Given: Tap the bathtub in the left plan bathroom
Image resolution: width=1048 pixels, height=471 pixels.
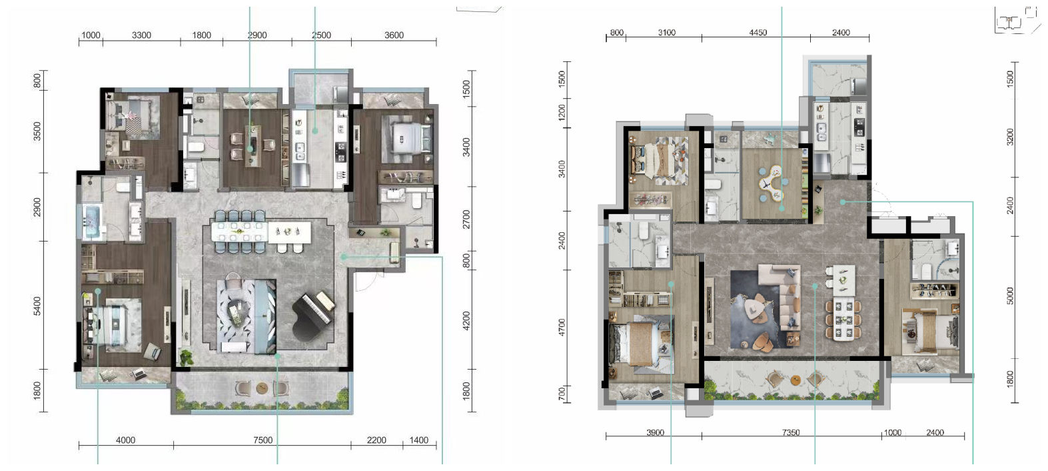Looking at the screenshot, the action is click(x=94, y=221).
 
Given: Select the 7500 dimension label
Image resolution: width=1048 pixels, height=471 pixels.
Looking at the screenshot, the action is click(x=263, y=440).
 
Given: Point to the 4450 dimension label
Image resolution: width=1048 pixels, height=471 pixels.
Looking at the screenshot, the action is click(x=758, y=32).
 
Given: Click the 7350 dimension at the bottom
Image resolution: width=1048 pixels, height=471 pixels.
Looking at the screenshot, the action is click(x=791, y=432).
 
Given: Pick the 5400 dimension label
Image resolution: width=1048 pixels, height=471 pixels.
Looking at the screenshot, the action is click(x=37, y=306).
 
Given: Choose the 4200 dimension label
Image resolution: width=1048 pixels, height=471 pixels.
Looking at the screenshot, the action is click(x=466, y=321).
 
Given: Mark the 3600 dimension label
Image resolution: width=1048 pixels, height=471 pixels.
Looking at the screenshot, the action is click(x=394, y=35).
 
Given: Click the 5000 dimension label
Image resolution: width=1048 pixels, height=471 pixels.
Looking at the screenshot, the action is click(x=1010, y=296).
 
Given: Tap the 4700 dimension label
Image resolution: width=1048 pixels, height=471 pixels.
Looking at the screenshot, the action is click(x=562, y=328).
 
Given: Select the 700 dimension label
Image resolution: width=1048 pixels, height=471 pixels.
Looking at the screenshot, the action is click(x=562, y=394).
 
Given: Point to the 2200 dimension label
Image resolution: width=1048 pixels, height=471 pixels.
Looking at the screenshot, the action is click(x=376, y=440).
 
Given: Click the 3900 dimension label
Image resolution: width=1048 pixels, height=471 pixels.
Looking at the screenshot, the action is click(x=655, y=432).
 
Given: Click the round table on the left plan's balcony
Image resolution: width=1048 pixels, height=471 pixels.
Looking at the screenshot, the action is click(x=262, y=388).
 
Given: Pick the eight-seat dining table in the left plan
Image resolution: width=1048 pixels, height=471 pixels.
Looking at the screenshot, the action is click(x=240, y=231).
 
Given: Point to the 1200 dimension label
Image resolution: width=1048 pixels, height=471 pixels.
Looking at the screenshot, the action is click(x=562, y=113).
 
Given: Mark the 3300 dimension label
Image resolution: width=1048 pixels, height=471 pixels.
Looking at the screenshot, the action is click(x=141, y=35).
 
